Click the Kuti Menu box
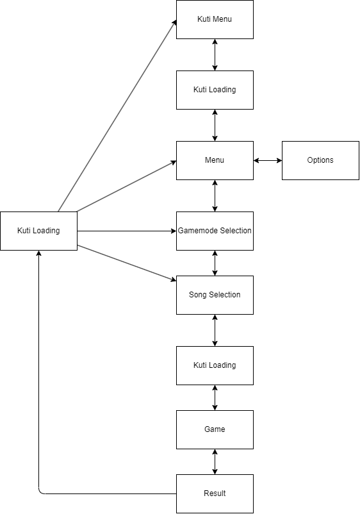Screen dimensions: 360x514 [x=215, y=19]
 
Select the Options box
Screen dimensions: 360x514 [x=320, y=160]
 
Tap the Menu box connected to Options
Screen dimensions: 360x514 [x=215, y=160]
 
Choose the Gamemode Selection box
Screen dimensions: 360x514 [x=215, y=231]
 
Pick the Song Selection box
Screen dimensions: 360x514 [x=215, y=295]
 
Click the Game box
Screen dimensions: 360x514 [x=215, y=429]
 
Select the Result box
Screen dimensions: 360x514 [x=215, y=493]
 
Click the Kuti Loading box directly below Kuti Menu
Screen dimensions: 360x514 [x=215, y=90]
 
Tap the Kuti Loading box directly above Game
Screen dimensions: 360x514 [x=215, y=365]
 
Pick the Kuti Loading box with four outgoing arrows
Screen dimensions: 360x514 [x=38, y=231]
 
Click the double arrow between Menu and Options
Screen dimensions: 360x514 [x=268, y=160]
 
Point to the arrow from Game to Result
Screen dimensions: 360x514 [x=215, y=462]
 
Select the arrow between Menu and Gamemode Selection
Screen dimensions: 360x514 [x=215, y=195]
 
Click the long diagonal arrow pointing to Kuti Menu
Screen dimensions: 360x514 [x=117, y=115]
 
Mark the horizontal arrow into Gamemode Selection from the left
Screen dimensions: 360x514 [x=127, y=231]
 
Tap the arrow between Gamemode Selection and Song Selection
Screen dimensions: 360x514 [x=215, y=263]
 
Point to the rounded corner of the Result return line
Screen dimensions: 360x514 [x=40, y=492]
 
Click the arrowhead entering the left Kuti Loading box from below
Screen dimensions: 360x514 [x=38, y=253]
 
